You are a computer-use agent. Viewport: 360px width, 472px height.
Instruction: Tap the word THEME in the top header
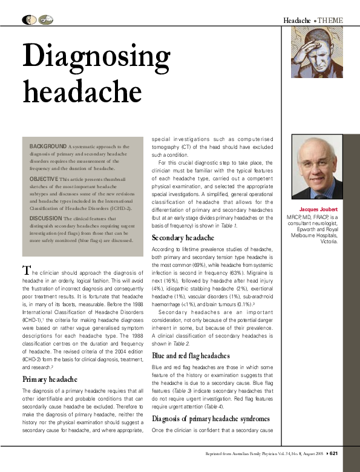tap(330, 21)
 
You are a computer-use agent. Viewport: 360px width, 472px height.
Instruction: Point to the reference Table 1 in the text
tap(227, 225)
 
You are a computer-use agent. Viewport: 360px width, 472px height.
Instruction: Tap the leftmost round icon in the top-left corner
tap(28, 21)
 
